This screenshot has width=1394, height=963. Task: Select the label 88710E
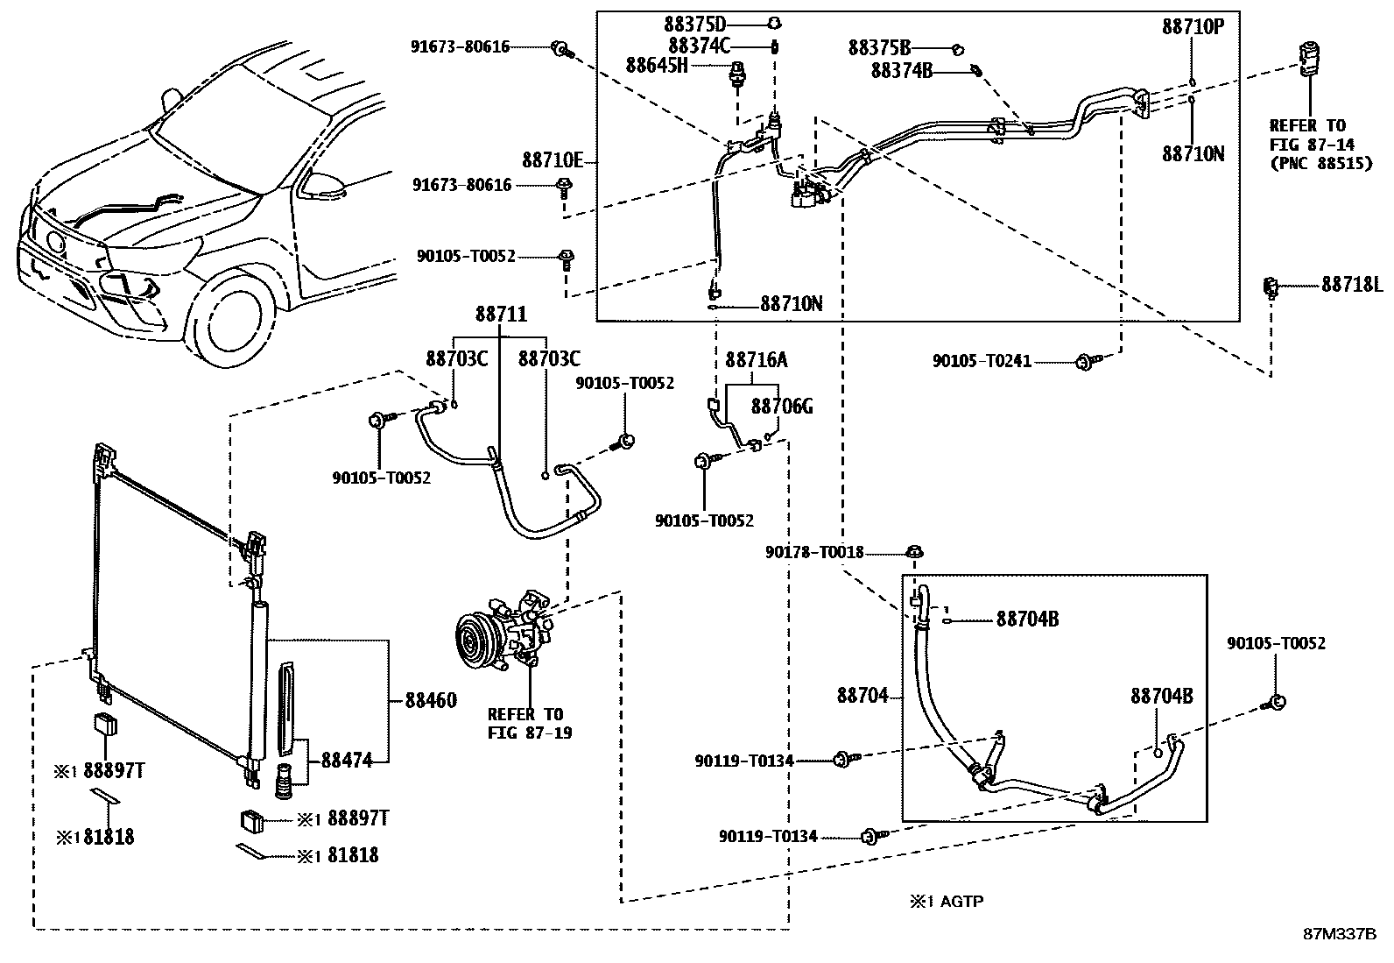pyautogui.click(x=553, y=161)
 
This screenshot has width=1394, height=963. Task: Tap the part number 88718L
pyautogui.click(x=1352, y=285)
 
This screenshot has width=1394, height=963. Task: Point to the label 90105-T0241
pyautogui.click(x=982, y=361)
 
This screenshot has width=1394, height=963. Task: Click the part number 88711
pyautogui.click(x=502, y=315)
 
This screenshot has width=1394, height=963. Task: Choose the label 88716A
pyautogui.click(x=757, y=360)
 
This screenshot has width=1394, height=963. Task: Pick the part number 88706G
pyautogui.click(x=782, y=407)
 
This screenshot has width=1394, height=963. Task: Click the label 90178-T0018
pyautogui.click(x=814, y=553)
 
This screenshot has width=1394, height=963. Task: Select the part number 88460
pyautogui.click(x=431, y=701)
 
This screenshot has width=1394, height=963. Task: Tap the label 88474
pyautogui.click(x=347, y=761)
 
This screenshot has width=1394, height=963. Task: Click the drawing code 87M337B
pyautogui.click(x=1340, y=934)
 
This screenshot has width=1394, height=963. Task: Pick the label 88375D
pyautogui.click(x=696, y=24)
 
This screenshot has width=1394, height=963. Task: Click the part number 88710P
pyautogui.click(x=1193, y=27)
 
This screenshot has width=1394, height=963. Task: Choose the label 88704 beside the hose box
pyautogui.click(x=862, y=696)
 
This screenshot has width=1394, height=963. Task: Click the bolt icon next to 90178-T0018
pyautogui.click(x=914, y=553)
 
